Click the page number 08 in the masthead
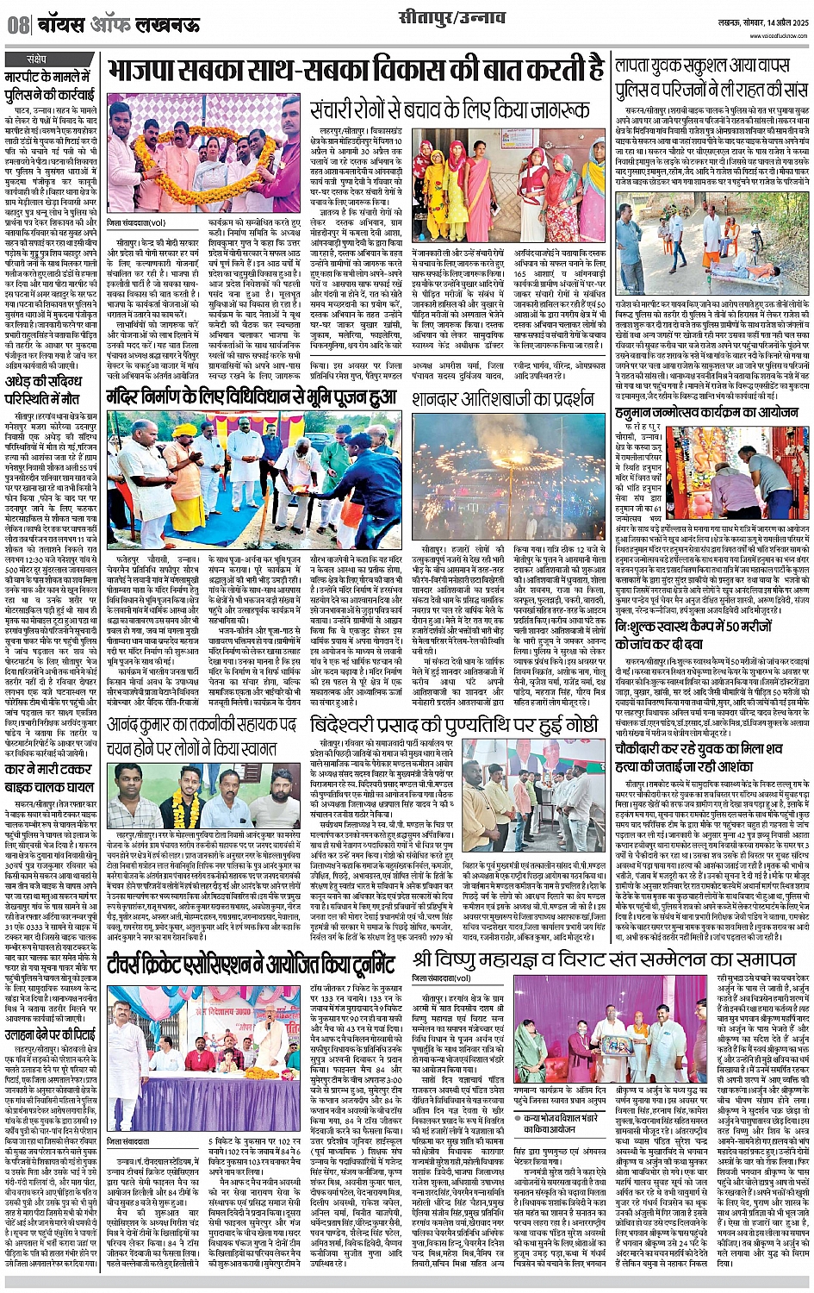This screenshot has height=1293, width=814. pyautogui.click(x=18, y=25)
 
